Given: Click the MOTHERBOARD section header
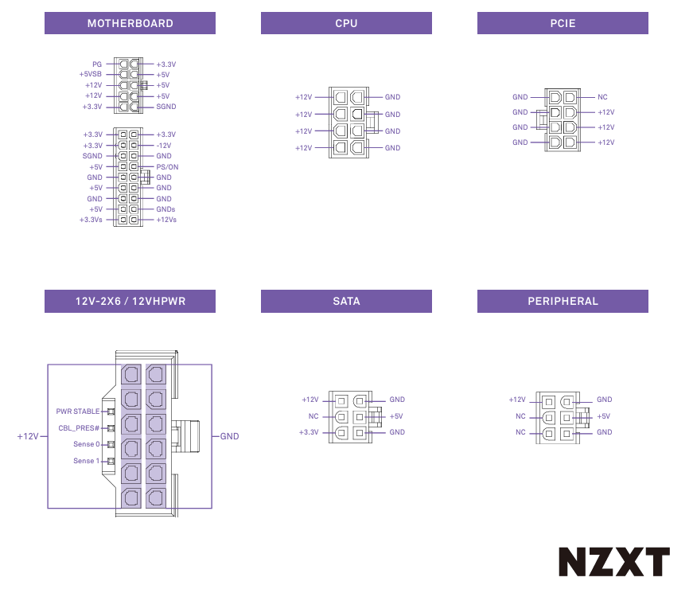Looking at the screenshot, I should [x=130, y=23].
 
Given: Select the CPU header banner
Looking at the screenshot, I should [x=346, y=23].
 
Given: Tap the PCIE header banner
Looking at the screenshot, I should [x=563, y=23].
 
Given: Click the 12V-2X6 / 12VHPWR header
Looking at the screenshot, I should [x=130, y=301].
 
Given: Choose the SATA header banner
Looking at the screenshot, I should [x=346, y=301].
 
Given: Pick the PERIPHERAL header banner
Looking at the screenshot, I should [x=563, y=301].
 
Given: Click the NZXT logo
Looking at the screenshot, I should [x=613, y=562].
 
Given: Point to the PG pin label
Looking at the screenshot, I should [x=97, y=64].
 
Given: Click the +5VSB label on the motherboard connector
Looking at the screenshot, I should [x=91, y=74].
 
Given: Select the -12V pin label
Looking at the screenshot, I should [x=164, y=146].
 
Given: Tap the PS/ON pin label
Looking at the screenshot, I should [x=167, y=167].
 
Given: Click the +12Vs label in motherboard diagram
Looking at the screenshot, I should [x=166, y=220].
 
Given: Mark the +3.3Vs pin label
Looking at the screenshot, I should [x=91, y=220].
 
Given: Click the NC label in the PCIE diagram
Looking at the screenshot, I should [x=602, y=97].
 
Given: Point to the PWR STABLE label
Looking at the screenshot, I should [x=78, y=412].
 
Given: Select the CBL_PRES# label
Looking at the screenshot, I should [x=79, y=428].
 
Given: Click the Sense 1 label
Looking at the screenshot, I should [x=87, y=461].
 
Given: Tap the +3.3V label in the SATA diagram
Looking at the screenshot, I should [x=309, y=432].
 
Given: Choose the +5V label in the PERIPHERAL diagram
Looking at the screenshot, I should [x=604, y=416].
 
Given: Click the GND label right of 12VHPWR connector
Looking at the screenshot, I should [x=229, y=436].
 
